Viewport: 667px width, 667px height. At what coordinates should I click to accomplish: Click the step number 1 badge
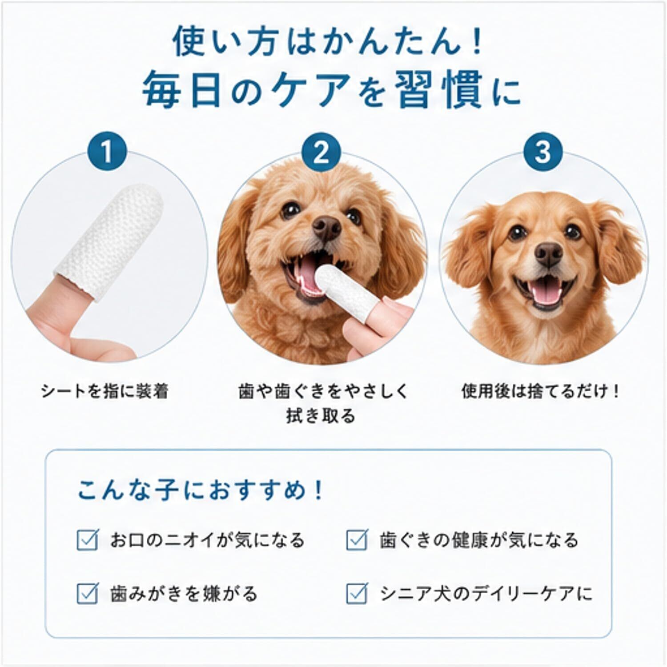tap(107, 152)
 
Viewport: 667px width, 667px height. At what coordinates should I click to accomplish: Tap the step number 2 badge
tap(321, 152)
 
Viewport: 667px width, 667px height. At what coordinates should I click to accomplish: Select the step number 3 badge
tap(542, 152)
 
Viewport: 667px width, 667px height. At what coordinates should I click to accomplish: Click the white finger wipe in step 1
tap(109, 242)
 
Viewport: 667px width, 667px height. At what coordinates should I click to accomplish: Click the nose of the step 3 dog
tap(549, 255)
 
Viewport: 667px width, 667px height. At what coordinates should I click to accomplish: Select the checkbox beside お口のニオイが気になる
tap(87, 540)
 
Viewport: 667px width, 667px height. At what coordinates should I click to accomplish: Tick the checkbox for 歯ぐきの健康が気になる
tap(357, 540)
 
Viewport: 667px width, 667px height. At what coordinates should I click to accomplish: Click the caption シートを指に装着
tap(104, 391)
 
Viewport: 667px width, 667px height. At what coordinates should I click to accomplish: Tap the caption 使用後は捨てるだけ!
tap(540, 391)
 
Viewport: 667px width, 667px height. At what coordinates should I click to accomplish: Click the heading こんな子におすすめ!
tap(200, 490)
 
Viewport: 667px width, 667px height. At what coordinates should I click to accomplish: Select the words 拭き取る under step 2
tap(321, 416)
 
